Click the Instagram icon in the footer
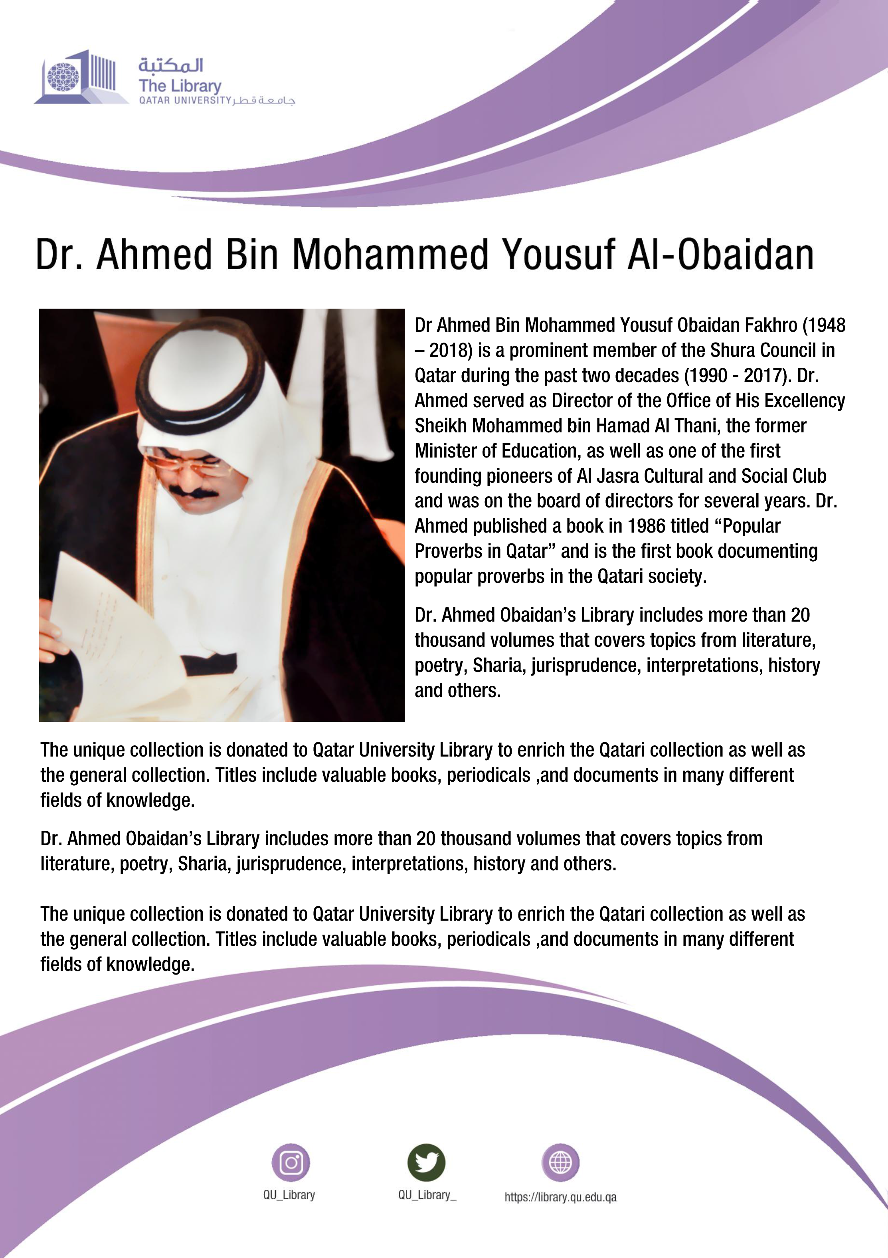coord(291,1162)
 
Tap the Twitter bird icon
coord(426,1162)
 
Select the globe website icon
coord(560,1162)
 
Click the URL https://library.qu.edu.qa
coord(560,1197)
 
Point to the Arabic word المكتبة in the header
coord(170,65)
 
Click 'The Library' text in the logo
coord(180,85)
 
